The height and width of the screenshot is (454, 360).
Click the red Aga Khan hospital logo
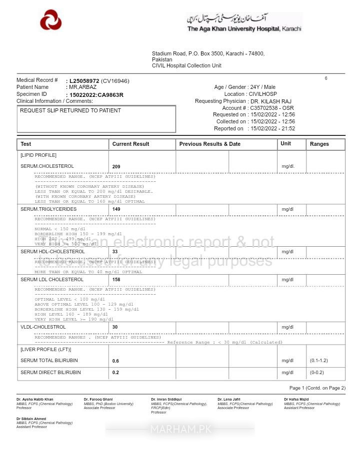tap(50, 21)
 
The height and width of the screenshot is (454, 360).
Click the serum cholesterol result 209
tap(116, 166)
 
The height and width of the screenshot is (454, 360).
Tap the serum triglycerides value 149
tap(116, 209)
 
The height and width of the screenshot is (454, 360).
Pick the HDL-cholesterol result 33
tap(115, 252)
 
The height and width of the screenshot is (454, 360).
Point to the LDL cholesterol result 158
tap(116, 280)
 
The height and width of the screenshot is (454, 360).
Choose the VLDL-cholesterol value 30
tap(115, 327)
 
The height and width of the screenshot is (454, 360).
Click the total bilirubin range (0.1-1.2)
tap(318, 361)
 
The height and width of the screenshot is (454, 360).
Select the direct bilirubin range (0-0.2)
tap(317, 373)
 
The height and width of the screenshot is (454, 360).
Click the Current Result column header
tap(130, 144)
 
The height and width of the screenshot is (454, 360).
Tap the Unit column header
tap(285, 143)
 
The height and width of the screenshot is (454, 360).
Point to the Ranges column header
tap(319, 144)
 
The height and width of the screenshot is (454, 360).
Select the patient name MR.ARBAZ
tap(82, 87)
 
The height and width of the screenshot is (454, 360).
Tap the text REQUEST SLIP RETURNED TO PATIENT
tap(70, 110)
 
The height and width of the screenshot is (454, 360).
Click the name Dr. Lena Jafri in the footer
tap(228, 400)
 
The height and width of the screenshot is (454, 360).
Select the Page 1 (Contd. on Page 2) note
tap(317, 388)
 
